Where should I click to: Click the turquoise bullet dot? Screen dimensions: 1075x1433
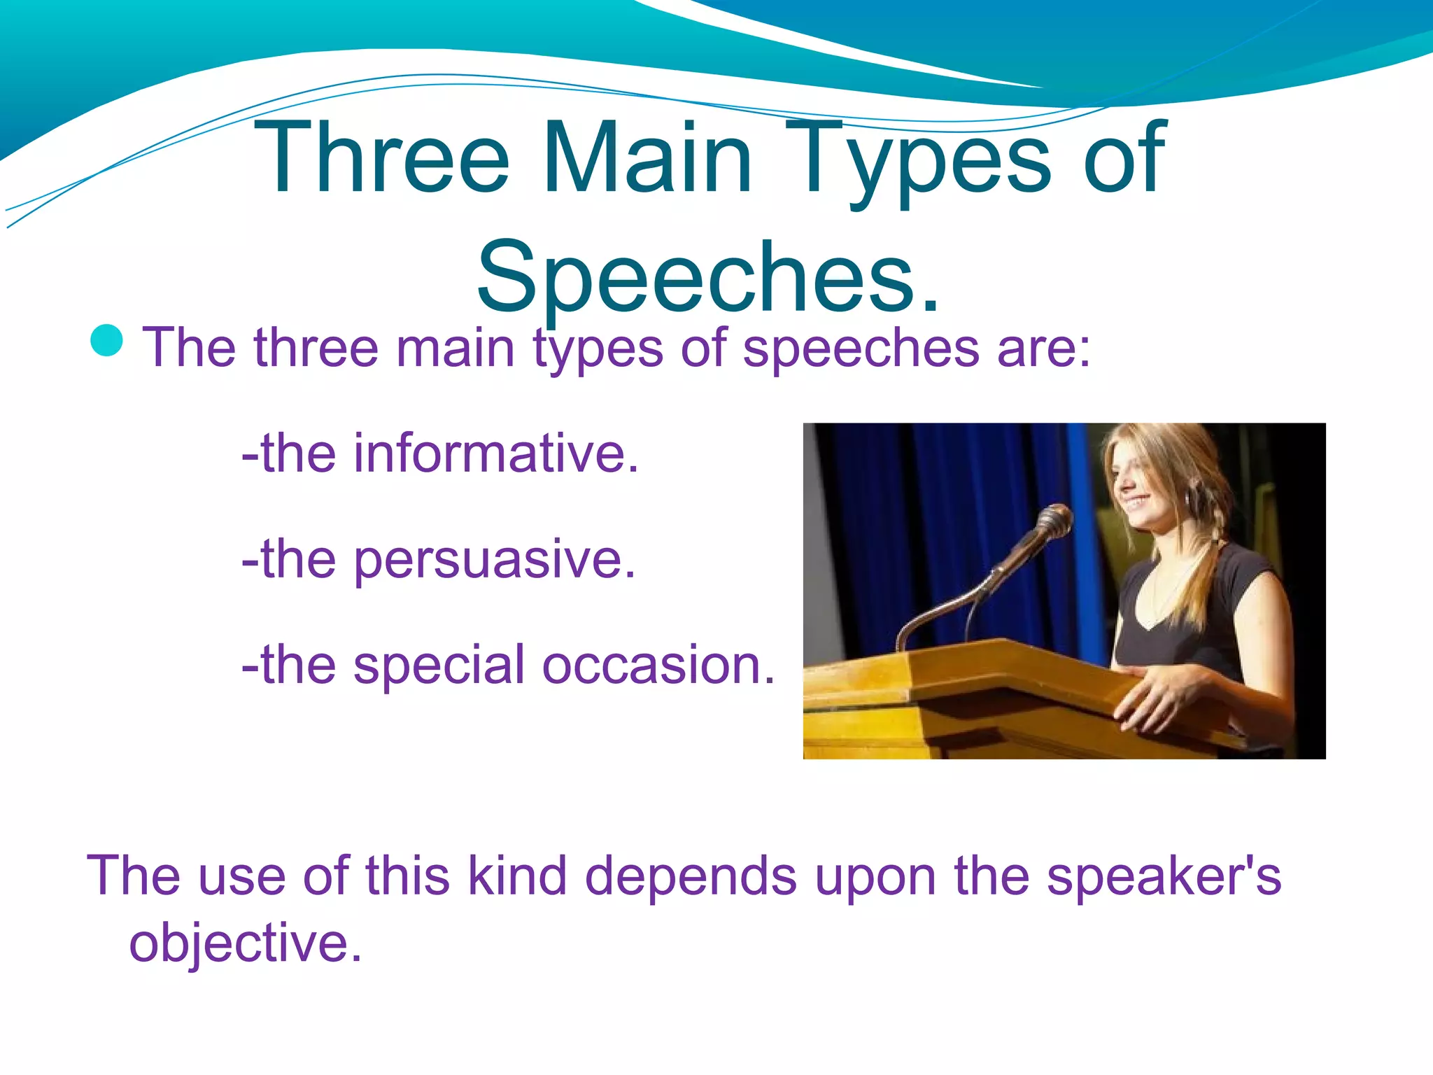(x=107, y=341)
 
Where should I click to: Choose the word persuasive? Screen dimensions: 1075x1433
(x=494, y=560)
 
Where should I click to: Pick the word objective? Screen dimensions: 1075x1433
(x=245, y=943)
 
